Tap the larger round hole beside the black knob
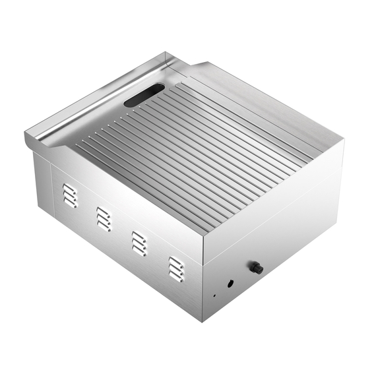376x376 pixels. tap(230, 284)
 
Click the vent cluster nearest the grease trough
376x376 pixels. tap(69, 195)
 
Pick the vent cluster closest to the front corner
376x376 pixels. tap(175, 268)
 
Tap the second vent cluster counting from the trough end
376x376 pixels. tap(103, 218)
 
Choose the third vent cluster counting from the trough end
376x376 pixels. tap(138, 243)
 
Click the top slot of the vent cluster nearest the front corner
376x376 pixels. tap(175, 261)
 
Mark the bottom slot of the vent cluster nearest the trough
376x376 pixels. tap(70, 203)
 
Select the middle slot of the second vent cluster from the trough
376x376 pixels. tap(103, 218)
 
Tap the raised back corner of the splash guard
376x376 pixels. tap(173, 57)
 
